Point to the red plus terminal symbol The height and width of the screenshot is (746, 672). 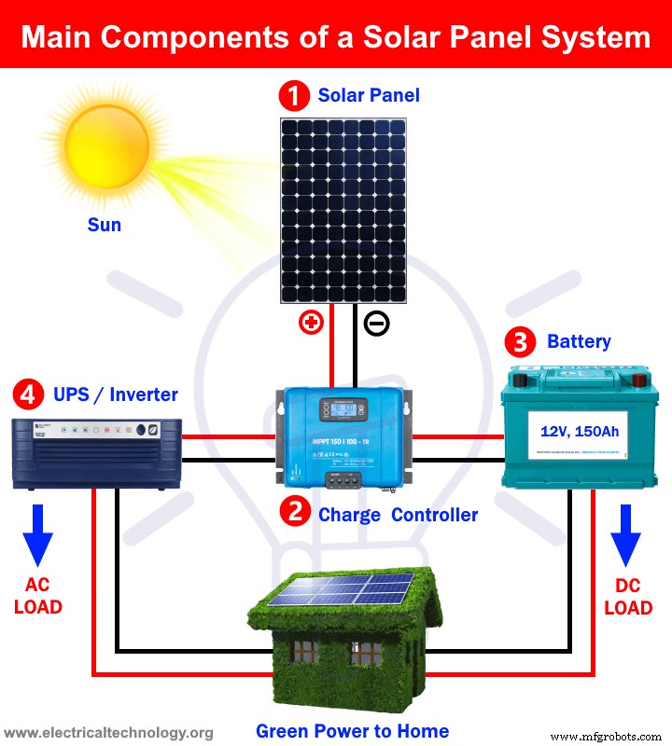(x=311, y=324)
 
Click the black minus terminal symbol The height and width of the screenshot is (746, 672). (x=377, y=324)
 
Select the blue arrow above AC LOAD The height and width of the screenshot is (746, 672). (x=37, y=535)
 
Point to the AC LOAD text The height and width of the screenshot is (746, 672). (x=37, y=596)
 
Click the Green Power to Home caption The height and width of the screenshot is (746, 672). (x=353, y=731)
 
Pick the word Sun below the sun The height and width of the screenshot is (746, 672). (x=104, y=225)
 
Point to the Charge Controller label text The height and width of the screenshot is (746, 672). (x=398, y=515)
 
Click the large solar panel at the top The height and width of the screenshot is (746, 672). (x=343, y=210)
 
